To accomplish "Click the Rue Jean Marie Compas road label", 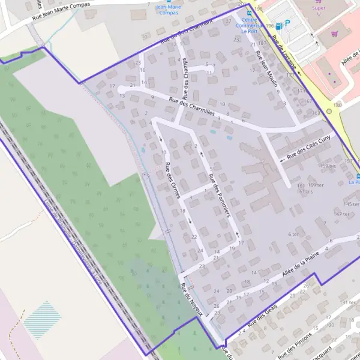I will (60, 12).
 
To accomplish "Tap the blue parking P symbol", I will (287, 23).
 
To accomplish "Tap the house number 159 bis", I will (327, 166).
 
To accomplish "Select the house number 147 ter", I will (341, 214).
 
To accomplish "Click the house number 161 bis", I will (305, 191).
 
